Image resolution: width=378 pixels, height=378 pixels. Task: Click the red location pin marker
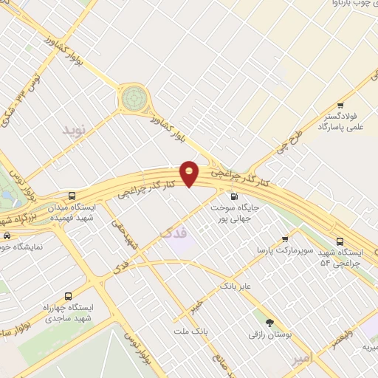coord(189,173)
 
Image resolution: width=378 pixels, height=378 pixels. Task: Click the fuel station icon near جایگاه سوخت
coord(234,196)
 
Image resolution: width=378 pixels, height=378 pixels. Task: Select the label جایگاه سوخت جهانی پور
coord(235,213)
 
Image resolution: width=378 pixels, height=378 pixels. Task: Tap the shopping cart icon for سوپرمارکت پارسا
coord(285,238)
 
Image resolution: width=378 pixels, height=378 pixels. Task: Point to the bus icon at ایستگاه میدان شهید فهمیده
coord(72,196)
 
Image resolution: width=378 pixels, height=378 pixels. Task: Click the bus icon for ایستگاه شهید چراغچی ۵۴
coord(340,241)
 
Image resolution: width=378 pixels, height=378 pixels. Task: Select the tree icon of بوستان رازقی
coord(269,323)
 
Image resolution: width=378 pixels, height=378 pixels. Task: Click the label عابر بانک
coord(237,285)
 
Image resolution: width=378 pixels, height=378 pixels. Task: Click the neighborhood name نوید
coord(74,131)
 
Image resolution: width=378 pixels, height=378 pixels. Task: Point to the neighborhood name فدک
coord(174,233)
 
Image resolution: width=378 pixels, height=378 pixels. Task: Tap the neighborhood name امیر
coord(303,358)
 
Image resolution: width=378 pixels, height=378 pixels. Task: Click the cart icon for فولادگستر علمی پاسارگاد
coord(340,106)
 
